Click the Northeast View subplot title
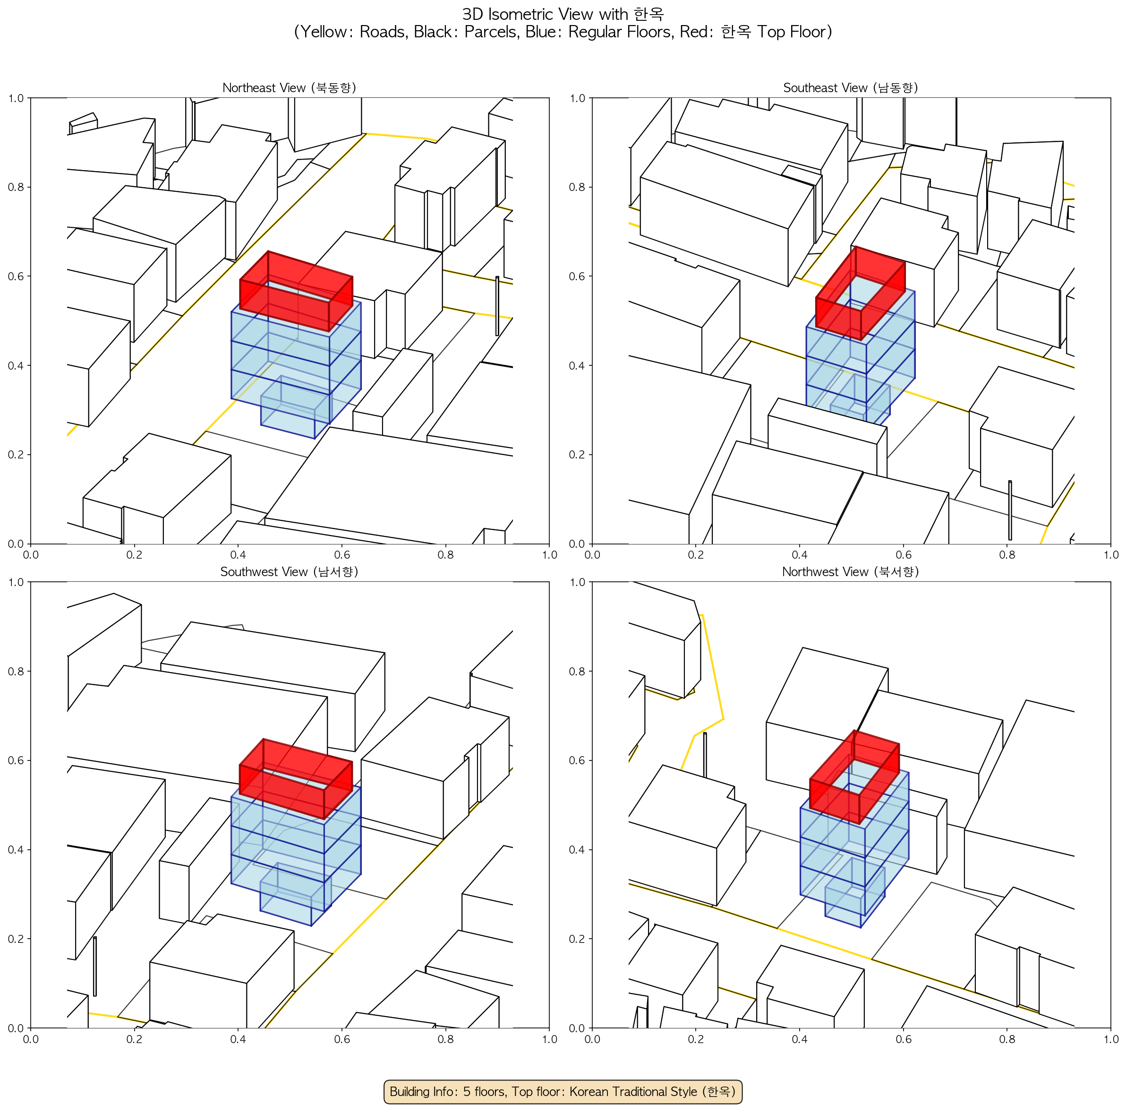289,87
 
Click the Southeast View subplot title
851,87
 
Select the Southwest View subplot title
289,572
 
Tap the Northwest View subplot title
851,572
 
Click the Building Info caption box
563,1091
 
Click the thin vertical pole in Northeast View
497,306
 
